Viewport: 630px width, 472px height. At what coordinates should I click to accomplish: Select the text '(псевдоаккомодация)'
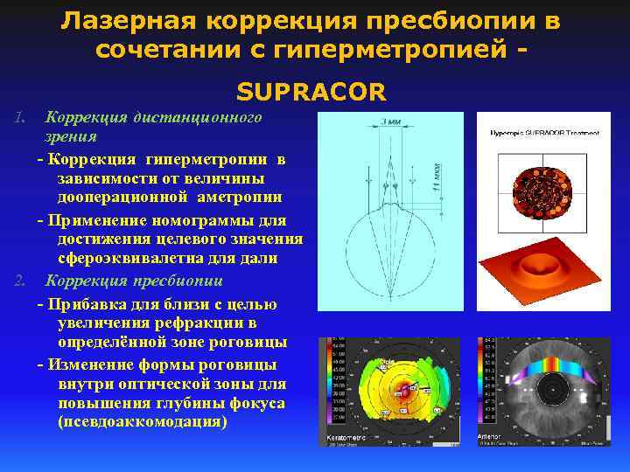(x=141, y=421)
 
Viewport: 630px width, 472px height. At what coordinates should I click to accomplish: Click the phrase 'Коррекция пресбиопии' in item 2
(x=135, y=281)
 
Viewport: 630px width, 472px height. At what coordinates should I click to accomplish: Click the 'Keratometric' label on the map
(x=342, y=434)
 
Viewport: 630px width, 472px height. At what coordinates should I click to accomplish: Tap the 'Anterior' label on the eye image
(x=490, y=434)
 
